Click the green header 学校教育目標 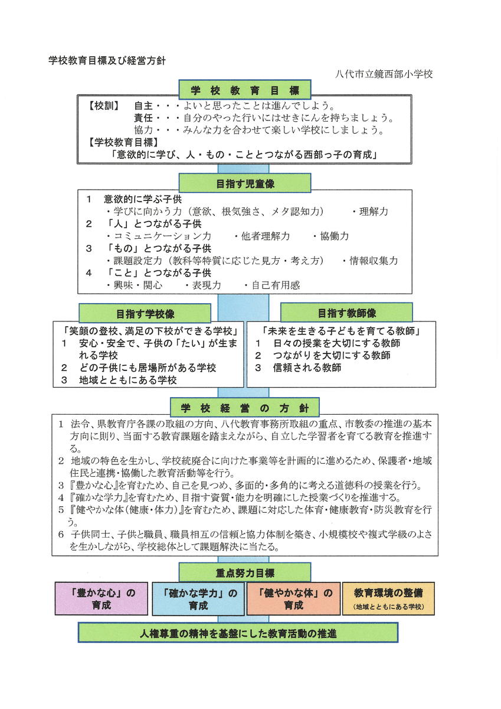[244, 91]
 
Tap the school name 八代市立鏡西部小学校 [384, 74]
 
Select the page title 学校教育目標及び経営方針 [107, 60]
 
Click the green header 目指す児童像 [244, 184]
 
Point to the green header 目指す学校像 [145, 313]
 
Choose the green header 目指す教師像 [346, 313]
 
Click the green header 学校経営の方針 [244, 408]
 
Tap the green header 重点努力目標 [244, 573]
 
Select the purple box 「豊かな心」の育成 [101, 599]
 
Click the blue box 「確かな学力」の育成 [198, 599]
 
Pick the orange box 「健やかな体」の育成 [293, 599]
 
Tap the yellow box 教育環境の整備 [389, 598]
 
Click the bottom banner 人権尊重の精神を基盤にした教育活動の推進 [238, 633]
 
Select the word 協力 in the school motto [143, 129]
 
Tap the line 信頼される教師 [307, 367]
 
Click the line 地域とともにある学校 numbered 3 [127, 380]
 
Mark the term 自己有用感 [276, 285]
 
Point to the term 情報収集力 [374, 261]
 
